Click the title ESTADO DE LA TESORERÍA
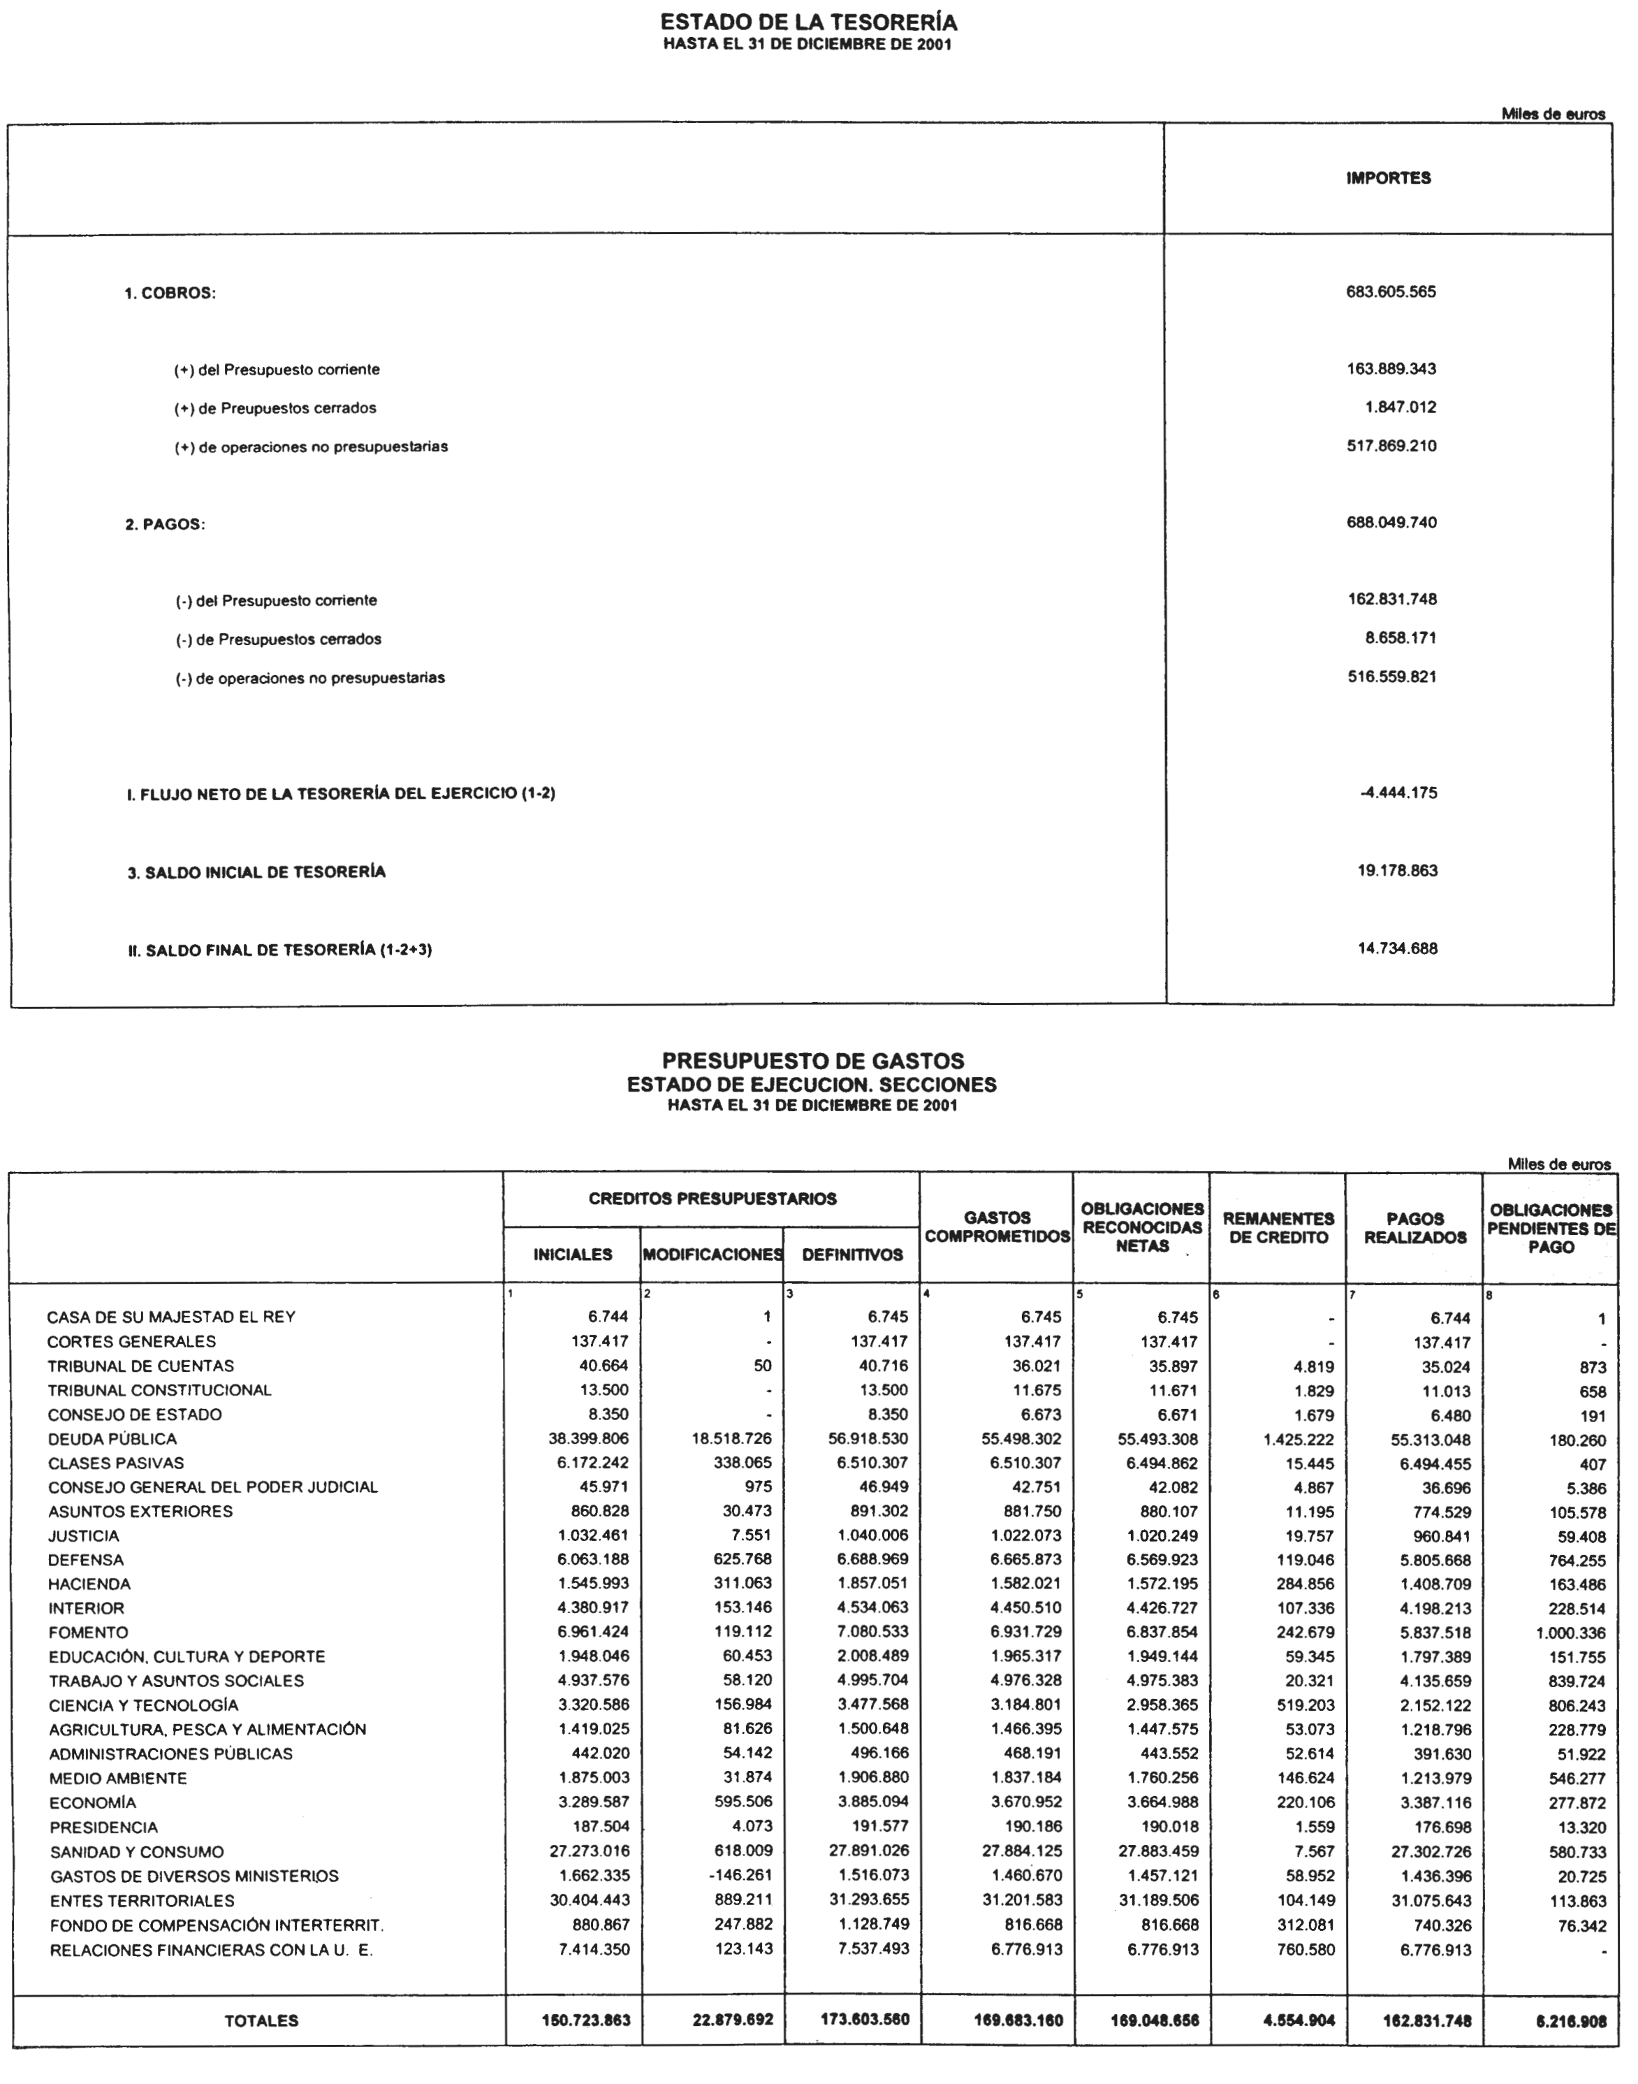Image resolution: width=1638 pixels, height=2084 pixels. coord(808,22)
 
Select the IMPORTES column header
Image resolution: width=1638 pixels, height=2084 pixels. coord(1388,178)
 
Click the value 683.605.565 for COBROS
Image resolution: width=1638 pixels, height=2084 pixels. coord(1391,291)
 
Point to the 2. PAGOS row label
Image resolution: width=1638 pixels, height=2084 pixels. coord(164,525)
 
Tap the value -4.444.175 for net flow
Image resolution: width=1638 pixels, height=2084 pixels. coord(1398,793)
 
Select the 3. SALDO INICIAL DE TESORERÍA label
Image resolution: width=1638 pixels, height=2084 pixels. coord(256,872)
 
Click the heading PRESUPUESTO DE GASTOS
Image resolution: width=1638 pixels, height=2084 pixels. coord(812,1061)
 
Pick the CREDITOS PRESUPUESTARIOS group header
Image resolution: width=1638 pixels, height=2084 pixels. coord(712,1199)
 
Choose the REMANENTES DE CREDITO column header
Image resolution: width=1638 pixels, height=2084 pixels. coord(1278,1227)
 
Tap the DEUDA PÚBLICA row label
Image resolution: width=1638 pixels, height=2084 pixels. coord(112,1439)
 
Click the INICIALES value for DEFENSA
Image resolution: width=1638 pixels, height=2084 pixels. coord(590,1560)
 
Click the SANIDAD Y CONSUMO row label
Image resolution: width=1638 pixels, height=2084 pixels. coord(136,1852)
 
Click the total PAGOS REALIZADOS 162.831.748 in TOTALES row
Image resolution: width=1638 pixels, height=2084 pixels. coord(1426,2020)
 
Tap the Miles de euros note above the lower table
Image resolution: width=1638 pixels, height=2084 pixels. coord(1558,1164)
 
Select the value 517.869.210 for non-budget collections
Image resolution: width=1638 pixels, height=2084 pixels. coord(1391,446)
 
